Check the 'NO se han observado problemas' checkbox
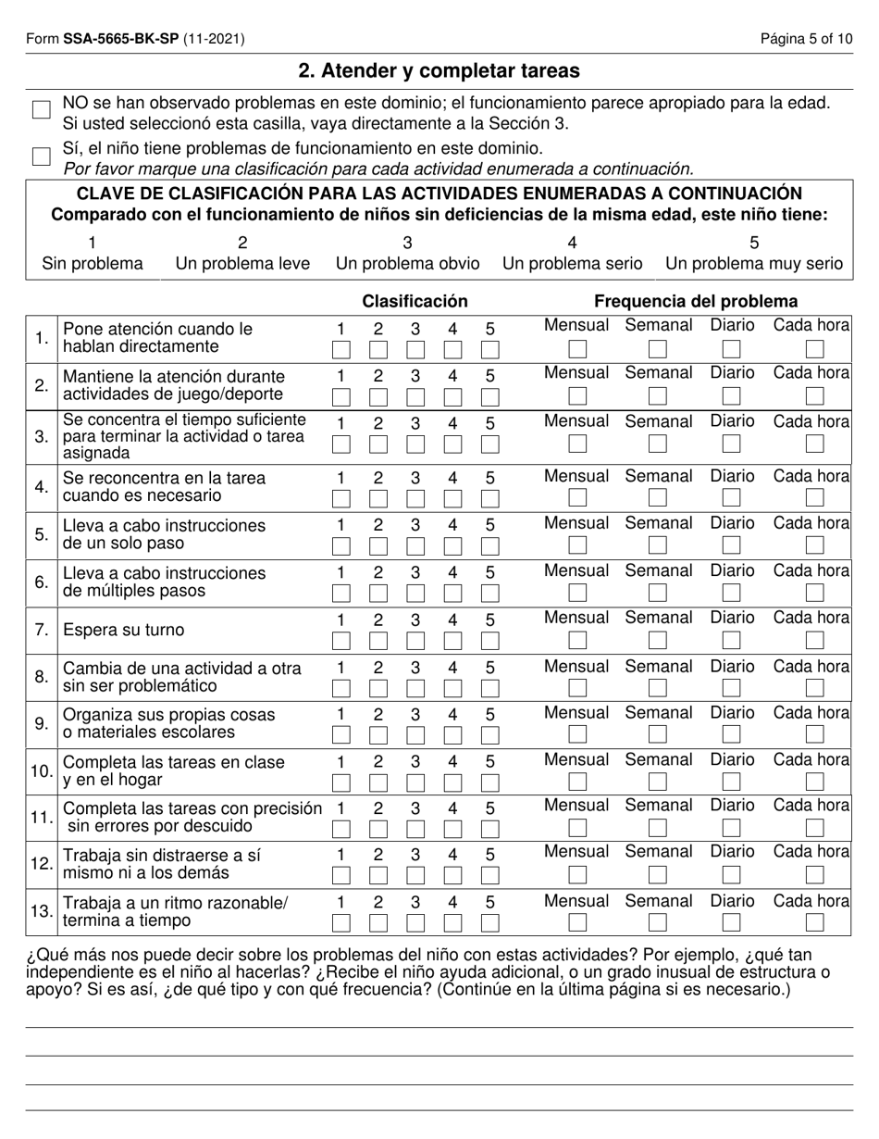coord(41,110)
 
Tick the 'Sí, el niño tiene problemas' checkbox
coord(41,156)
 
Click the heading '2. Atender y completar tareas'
coord(439,70)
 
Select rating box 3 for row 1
coord(415,350)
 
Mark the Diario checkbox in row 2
coord(731,395)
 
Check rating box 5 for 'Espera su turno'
coord(490,641)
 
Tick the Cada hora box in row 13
coord(814,922)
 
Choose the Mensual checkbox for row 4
coord(577,497)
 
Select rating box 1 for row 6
coord(341,593)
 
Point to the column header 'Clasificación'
coord(415,301)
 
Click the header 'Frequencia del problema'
coord(695,301)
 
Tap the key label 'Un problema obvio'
coord(407,263)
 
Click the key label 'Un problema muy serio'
coord(754,263)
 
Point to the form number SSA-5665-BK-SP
coord(120,39)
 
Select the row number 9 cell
coord(42,723)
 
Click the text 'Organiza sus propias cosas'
coord(168,715)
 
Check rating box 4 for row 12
coord(453,875)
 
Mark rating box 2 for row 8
coord(378,688)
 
